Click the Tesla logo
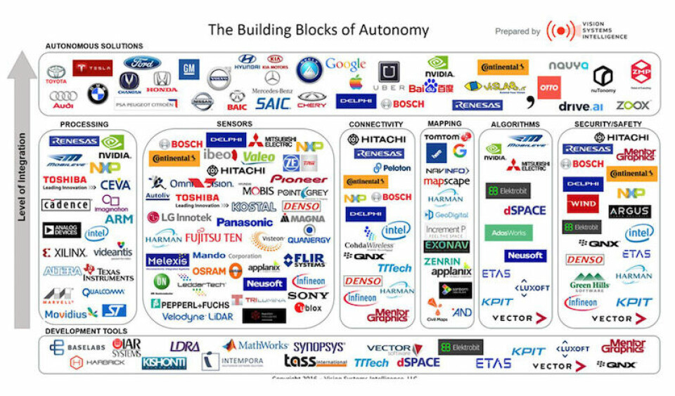tap(92, 68)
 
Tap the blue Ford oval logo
tap(143, 63)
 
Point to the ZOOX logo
tap(633, 105)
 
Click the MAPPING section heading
tap(444, 124)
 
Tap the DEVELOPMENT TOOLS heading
tap(86, 331)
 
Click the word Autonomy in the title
tap(394, 30)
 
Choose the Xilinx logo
tap(65, 253)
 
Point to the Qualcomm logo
tap(103, 292)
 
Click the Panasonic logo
tap(245, 222)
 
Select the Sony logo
tap(308, 296)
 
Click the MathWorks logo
tap(255, 345)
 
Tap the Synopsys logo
tap(319, 346)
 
